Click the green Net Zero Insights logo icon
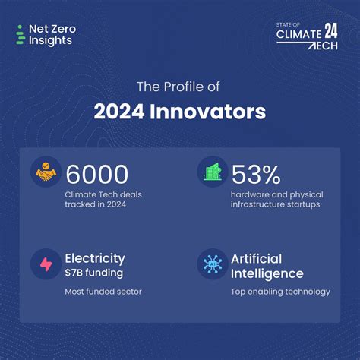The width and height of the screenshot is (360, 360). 20,35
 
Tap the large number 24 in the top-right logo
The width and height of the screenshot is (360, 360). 331,31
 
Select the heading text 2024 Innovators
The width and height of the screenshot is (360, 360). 180,112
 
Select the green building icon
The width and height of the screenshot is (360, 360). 211,172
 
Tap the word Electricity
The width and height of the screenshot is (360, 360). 95,258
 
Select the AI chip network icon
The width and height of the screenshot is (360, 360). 211,264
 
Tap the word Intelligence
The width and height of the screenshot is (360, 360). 267,273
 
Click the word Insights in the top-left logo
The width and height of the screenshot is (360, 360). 50,40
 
